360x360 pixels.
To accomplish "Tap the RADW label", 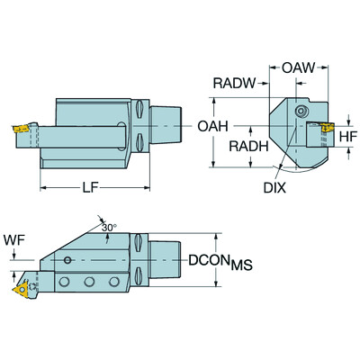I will tap(232, 85).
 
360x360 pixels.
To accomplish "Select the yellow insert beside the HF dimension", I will tap(324, 136).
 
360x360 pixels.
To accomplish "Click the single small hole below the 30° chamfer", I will tap(70, 260).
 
